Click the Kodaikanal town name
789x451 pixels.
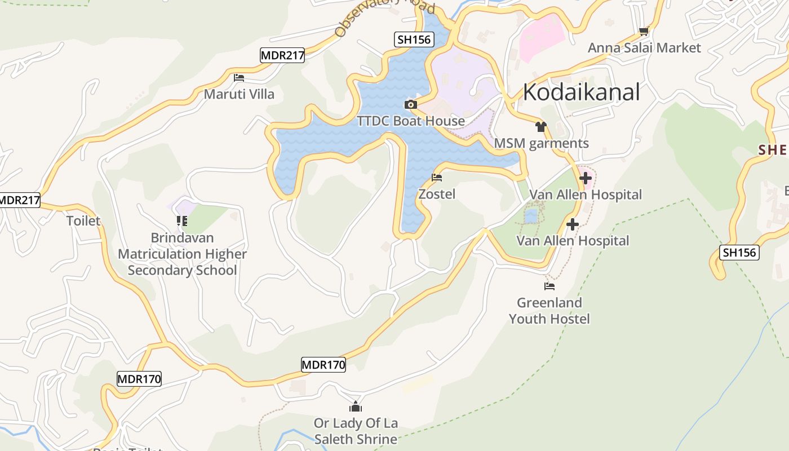click(581, 92)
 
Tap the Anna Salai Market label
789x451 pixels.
click(644, 48)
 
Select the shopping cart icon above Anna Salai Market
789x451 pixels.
click(644, 32)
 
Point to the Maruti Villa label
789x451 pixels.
click(239, 94)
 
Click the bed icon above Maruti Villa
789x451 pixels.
click(239, 78)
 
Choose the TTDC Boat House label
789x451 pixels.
click(411, 121)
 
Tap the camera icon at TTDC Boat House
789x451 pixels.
click(410, 104)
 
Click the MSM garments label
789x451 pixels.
click(541, 143)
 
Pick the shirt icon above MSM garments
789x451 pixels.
click(541, 127)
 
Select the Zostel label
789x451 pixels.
click(437, 194)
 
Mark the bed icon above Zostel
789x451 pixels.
click(437, 178)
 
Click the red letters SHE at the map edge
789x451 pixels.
click(773, 150)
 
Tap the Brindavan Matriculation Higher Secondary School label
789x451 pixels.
click(182, 254)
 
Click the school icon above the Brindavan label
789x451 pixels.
click(181, 221)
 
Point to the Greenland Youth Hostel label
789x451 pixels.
click(549, 311)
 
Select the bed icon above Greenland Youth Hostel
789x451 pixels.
click(549, 286)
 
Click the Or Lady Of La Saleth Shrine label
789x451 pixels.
click(356, 431)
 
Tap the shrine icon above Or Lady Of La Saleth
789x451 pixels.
click(356, 406)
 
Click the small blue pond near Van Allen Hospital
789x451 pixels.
click(530, 216)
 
